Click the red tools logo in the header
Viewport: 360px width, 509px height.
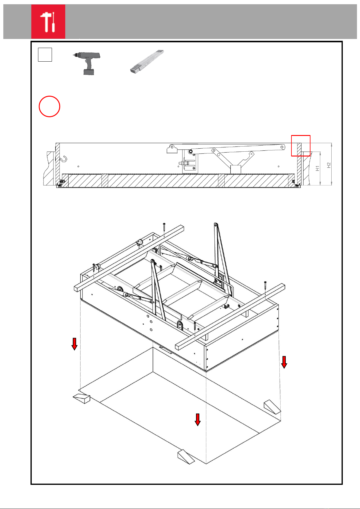point(48,21)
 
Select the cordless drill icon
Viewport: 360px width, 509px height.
point(88,63)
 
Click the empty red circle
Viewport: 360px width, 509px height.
point(50,107)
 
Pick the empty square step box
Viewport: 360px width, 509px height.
point(45,55)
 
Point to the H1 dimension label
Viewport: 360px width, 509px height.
point(317,168)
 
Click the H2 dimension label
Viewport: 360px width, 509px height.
point(329,165)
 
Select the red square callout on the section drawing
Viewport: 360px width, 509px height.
point(301,146)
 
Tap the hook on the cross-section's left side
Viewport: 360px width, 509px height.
point(64,159)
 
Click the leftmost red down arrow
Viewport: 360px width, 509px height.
point(74,344)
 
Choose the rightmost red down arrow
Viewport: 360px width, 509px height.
point(284,362)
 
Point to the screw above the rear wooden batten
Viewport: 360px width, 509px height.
point(164,227)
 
